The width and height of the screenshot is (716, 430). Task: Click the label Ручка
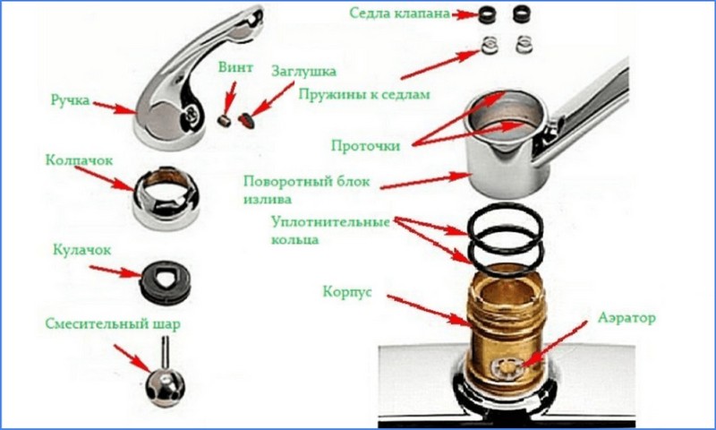(x=71, y=101)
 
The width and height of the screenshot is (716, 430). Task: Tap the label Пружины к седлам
(x=364, y=93)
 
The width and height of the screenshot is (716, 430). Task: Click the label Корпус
(x=350, y=293)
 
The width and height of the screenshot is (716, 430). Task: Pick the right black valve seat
(x=524, y=14)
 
